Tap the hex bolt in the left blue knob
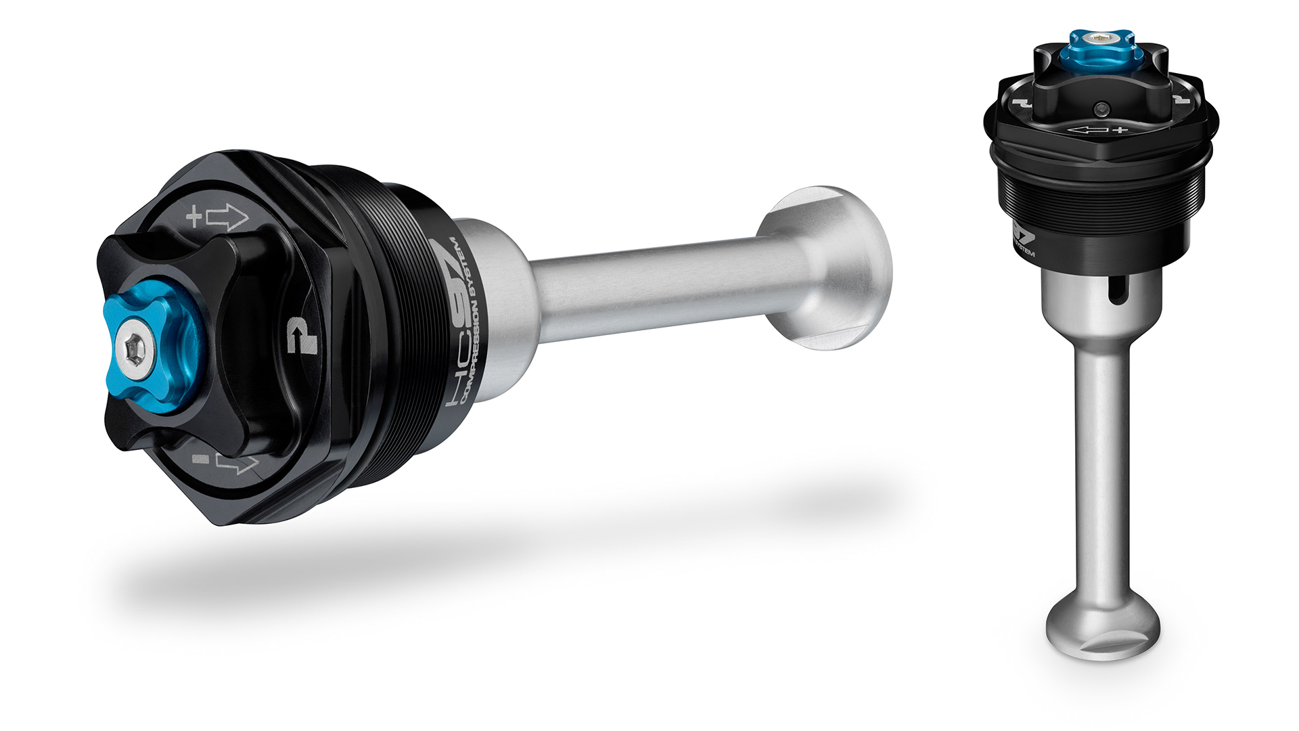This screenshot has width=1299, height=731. (131, 349)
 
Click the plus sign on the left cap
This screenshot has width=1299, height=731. (194, 217)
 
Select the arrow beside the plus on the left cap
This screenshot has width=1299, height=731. (227, 217)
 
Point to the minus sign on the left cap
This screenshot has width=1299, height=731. (200, 459)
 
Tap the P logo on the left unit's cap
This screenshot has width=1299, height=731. (301, 334)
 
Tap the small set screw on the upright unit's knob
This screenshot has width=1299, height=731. (1102, 108)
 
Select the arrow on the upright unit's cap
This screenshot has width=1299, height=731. (1088, 130)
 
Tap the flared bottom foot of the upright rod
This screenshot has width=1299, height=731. (1103, 626)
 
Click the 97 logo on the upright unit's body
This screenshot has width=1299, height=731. (1023, 237)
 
